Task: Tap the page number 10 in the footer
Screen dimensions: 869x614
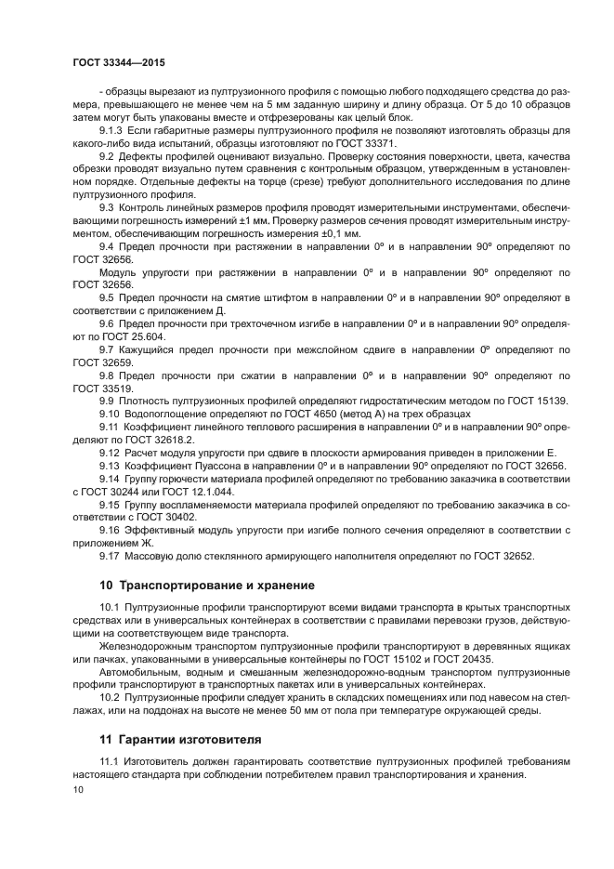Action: [x=78, y=789]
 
